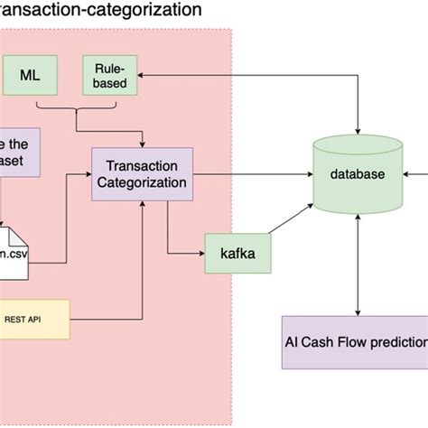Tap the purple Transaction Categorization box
(143, 173)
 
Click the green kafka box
(237, 254)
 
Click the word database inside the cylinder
(359, 173)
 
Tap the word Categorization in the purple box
(143, 182)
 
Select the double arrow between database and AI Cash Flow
(359, 262)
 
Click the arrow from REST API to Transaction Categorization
(143, 271)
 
